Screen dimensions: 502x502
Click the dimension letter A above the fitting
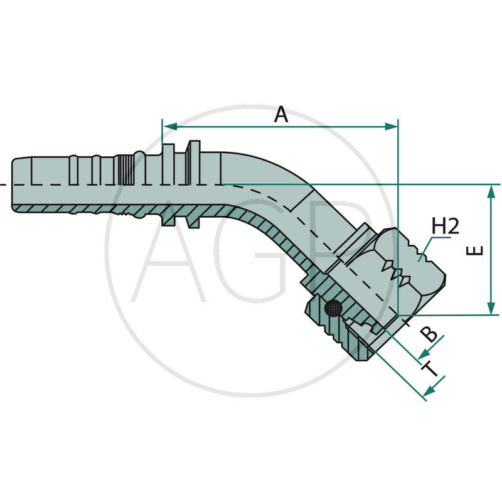tap(281, 114)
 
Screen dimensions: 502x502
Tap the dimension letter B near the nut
tap(429, 334)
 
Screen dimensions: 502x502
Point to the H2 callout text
tap(445, 227)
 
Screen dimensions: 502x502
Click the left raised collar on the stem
tap(168, 182)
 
